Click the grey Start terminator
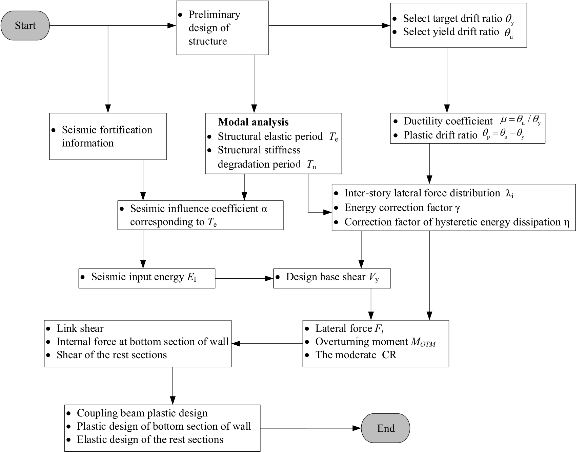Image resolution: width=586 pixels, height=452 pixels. [25, 25]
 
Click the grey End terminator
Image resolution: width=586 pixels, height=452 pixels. [385, 428]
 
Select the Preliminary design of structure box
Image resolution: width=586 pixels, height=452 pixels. [222, 28]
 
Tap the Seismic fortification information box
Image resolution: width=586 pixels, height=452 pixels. [108, 136]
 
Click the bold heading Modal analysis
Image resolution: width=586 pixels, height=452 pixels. [253, 122]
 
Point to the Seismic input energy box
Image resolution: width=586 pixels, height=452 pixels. [147, 278]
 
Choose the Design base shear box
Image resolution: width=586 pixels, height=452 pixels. [332, 278]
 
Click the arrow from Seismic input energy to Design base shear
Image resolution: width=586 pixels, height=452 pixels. [244, 278]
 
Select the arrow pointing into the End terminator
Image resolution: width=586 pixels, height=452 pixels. [311, 428]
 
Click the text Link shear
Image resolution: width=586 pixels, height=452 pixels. [80, 328]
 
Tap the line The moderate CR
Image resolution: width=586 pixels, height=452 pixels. [356, 355]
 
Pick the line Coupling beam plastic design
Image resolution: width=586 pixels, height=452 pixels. [142, 413]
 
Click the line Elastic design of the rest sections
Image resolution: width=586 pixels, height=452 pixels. [150, 439]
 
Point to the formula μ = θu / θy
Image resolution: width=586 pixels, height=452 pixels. [521, 121]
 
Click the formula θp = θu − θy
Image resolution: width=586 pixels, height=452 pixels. [504, 134]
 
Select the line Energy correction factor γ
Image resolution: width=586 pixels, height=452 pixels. [402, 208]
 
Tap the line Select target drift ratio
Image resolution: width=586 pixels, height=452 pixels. [459, 19]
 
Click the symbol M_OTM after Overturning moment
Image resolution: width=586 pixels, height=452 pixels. [423, 342]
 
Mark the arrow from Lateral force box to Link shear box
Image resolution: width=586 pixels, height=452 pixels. [267, 344]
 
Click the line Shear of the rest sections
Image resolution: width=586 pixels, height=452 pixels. [112, 355]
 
